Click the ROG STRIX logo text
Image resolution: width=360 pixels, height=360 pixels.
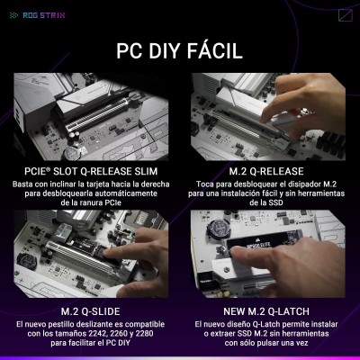44,15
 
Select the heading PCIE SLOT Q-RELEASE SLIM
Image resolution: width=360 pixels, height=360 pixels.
91,171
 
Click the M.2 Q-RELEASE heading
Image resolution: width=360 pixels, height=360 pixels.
266,171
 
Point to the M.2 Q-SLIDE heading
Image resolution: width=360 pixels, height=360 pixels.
91,311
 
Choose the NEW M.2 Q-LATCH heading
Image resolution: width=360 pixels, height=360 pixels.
266,311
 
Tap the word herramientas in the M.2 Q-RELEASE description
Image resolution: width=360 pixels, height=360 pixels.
320,193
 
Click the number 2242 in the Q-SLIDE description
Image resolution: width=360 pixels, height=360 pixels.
98,333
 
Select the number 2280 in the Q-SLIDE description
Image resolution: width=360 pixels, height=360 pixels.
144,333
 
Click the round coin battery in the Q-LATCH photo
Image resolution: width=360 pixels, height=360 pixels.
217,228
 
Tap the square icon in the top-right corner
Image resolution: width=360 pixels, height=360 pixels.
346,15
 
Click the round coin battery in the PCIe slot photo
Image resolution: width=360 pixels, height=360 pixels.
71,153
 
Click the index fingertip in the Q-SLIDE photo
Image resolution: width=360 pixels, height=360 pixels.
108,254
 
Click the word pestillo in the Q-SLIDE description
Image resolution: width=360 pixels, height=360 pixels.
67,324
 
